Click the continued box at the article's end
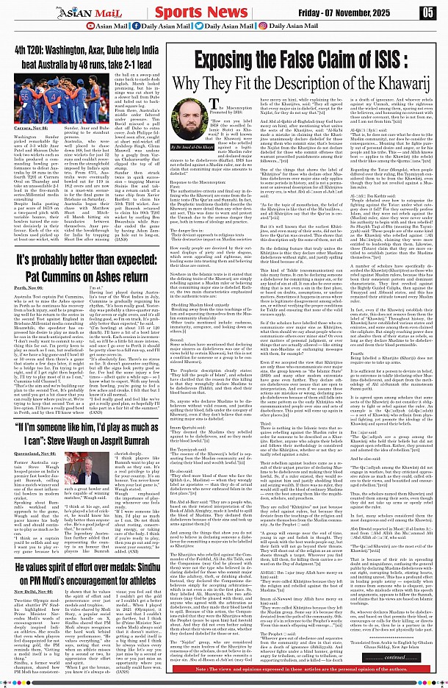407,657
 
